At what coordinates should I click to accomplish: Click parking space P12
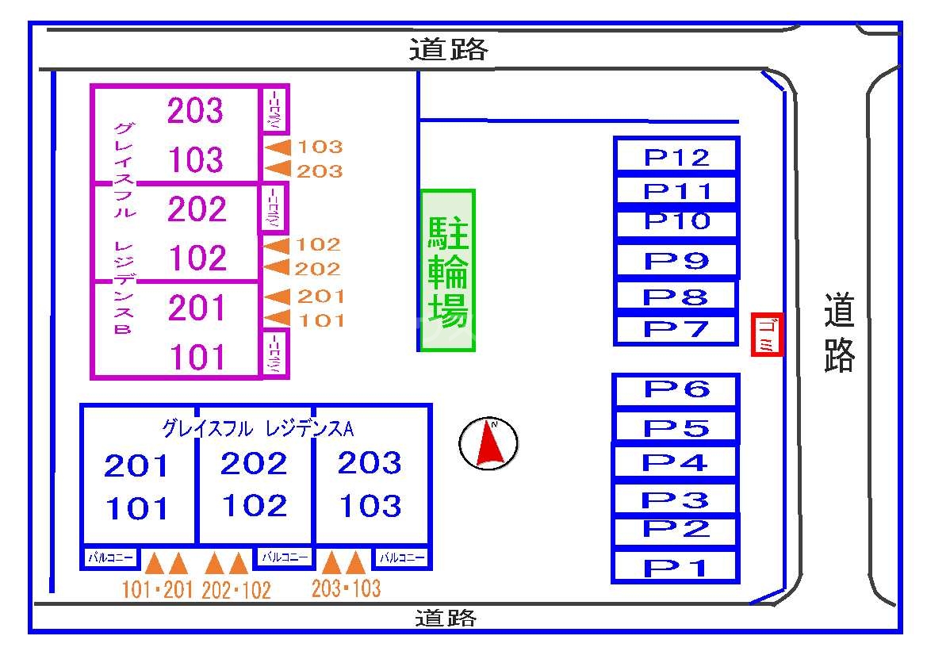(676, 155)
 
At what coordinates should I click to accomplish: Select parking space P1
(676, 565)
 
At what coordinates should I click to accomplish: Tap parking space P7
(676, 329)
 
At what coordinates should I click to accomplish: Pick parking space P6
(676, 389)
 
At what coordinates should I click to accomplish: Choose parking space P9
(676, 259)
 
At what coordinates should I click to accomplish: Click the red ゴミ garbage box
(767, 335)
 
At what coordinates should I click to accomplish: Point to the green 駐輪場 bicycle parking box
(447, 270)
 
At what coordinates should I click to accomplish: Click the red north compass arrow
(490, 442)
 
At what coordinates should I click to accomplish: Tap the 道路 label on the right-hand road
(840, 332)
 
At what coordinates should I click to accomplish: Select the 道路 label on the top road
(449, 50)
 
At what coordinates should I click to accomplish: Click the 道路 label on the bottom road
(446, 618)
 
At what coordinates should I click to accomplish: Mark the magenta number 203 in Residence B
(195, 110)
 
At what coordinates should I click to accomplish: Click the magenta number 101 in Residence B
(198, 357)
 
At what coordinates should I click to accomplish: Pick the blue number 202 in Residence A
(254, 463)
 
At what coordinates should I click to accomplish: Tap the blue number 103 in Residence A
(370, 506)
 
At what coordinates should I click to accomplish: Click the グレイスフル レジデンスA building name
(258, 428)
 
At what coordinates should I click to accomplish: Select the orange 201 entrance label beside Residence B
(320, 296)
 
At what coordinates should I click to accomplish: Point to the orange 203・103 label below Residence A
(347, 588)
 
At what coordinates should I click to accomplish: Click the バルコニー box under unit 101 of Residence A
(110, 557)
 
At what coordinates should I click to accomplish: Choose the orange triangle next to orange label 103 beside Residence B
(278, 147)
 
